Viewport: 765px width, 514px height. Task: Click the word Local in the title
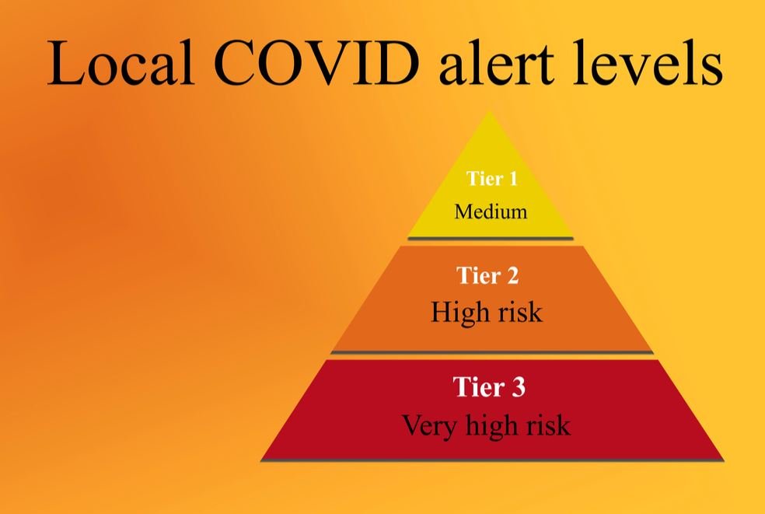point(121,64)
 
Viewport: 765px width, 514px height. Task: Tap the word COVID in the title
point(316,64)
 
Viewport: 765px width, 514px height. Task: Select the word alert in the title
point(497,64)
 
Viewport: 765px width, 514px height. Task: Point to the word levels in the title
point(648,64)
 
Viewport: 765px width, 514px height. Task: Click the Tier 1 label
point(491,178)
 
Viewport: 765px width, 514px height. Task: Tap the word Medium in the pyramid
point(491,212)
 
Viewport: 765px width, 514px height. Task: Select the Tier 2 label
point(487,275)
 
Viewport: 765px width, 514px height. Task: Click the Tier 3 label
point(489,386)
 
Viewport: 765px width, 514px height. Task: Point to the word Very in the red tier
point(430,425)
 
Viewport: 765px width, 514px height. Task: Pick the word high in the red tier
point(491,425)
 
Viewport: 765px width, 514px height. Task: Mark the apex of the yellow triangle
point(490,112)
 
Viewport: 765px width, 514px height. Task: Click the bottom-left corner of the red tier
point(261,460)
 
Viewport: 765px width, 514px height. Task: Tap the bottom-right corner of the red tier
point(724,460)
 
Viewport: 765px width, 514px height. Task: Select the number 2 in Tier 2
point(512,275)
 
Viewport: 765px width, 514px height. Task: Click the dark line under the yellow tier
point(491,239)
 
